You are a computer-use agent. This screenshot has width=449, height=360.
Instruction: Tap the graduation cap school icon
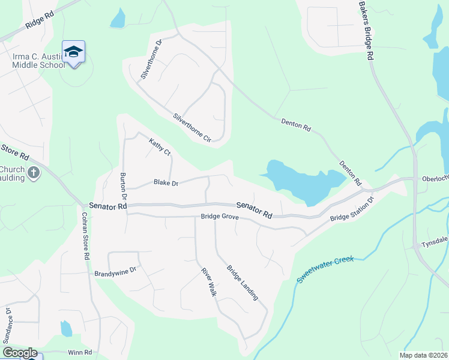(73, 52)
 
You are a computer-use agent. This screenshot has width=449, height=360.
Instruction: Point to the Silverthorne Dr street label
(151, 60)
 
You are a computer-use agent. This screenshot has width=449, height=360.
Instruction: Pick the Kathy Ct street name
(160, 146)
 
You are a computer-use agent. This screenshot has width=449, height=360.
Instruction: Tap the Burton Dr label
(124, 186)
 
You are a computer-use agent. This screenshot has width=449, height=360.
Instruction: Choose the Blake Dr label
(166, 182)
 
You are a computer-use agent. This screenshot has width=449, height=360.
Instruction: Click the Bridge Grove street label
(220, 217)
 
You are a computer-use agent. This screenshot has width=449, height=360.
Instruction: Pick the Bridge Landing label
(243, 282)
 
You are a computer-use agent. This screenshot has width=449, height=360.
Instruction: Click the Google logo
(20, 353)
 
